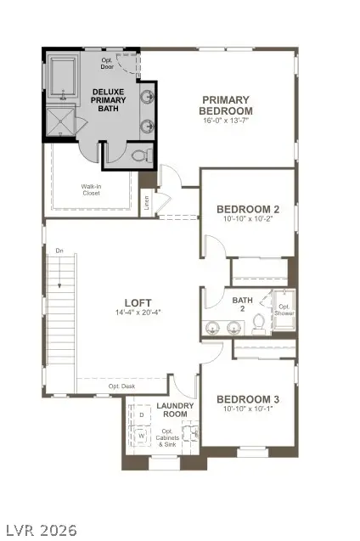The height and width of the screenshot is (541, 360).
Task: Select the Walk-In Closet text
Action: [91, 189]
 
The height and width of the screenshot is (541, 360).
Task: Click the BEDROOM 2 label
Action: [248, 209]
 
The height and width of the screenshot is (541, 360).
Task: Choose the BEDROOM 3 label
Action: [248, 399]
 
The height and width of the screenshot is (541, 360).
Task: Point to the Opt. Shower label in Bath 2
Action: [284, 309]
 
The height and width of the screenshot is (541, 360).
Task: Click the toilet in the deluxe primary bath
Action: [143, 155]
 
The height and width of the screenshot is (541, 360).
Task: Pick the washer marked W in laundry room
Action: [141, 437]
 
